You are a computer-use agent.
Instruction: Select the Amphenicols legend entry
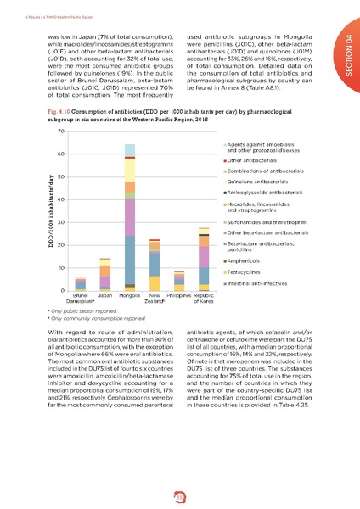pyautogui.click(x=247, y=261)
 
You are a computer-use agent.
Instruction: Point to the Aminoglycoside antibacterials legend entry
pyautogui.click(x=263, y=193)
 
